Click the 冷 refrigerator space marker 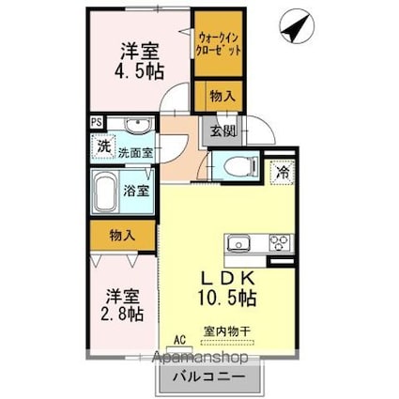coord(280,172)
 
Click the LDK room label coord(229,278)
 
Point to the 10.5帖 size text coord(229,298)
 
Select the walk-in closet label coord(221,42)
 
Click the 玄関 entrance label coord(222,130)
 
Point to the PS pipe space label coord(97,121)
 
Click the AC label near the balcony coord(179,342)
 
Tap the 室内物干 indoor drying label coord(226,330)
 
